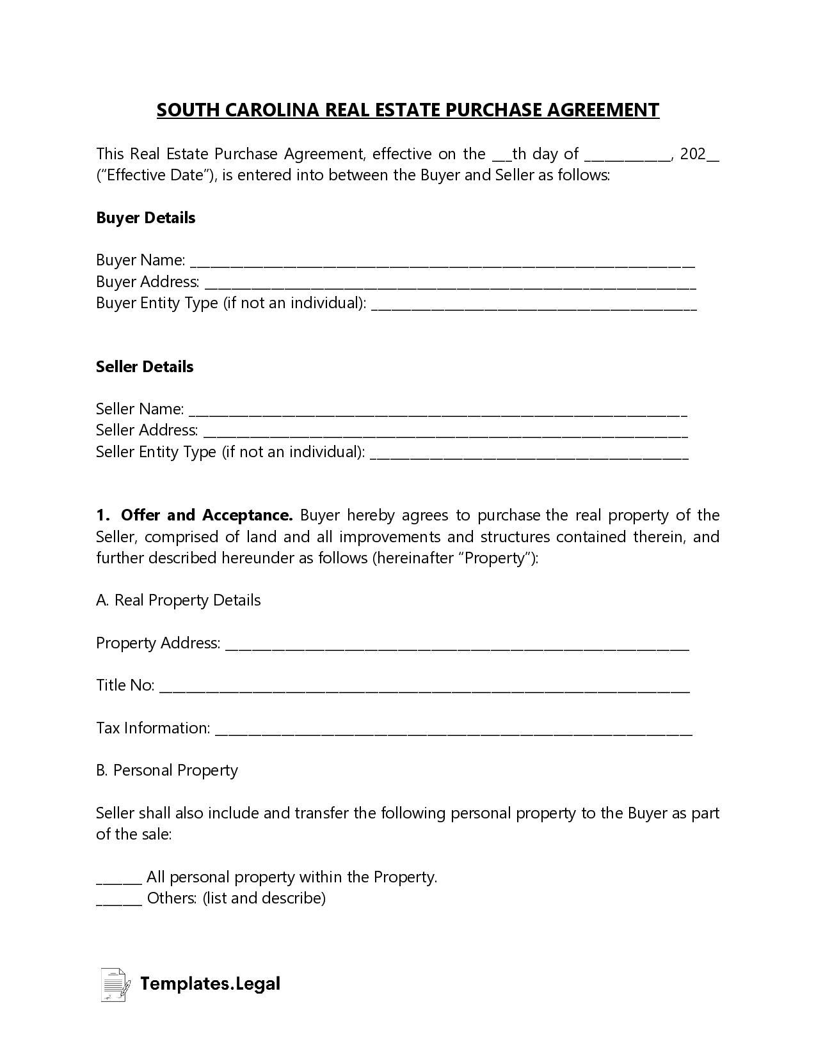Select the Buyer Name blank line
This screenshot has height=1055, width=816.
pyautogui.click(x=442, y=262)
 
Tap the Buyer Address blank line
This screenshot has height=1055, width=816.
pyautogui.click(x=450, y=284)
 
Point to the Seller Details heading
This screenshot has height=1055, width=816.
pyautogui.click(x=145, y=366)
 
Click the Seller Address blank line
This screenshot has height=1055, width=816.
pyautogui.click(x=445, y=433)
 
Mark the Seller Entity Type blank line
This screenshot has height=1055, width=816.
pyautogui.click(x=529, y=454)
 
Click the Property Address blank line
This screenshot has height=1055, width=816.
pyautogui.click(x=458, y=645)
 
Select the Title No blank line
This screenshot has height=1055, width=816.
pyautogui.click(x=424, y=687)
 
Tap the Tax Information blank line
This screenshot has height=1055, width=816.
pyautogui.click(x=453, y=730)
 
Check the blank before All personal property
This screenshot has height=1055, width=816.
pyautogui.click(x=118, y=879)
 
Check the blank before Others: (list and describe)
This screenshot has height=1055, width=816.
pyautogui.click(x=118, y=900)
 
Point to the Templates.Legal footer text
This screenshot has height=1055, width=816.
pyautogui.click(x=210, y=983)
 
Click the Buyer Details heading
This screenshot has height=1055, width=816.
pyautogui.click(x=145, y=217)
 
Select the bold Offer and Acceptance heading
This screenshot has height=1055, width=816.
pyautogui.click(x=206, y=515)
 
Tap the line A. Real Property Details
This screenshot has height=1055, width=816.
pyautogui.click(x=179, y=600)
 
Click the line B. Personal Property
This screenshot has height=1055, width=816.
pyautogui.click(x=167, y=770)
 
